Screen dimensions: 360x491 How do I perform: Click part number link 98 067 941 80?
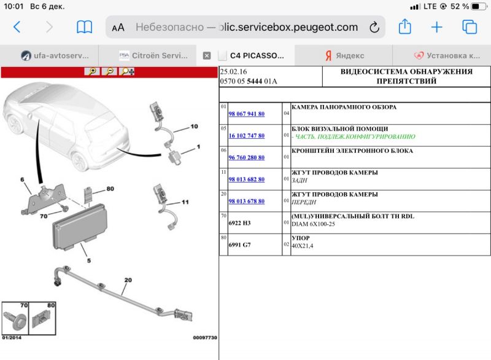(246, 114)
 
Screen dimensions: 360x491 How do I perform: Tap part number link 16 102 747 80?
(246, 136)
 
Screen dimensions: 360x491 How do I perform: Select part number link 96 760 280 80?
(246, 158)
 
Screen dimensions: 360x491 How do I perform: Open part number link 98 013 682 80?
(246, 180)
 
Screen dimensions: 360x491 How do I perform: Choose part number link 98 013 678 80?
(246, 202)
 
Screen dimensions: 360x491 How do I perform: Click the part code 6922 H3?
(239, 224)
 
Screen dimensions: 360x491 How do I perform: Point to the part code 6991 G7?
(239, 245)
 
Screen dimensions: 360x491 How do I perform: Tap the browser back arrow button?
(17, 27)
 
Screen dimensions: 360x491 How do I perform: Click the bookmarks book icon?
(84, 27)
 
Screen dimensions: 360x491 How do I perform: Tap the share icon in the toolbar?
(404, 27)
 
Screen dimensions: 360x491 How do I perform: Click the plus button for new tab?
(436, 27)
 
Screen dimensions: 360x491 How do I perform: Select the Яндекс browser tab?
(344, 55)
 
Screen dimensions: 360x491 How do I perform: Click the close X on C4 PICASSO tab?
(207, 55)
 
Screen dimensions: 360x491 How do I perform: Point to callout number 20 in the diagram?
(128, 280)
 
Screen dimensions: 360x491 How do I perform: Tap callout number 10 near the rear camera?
(194, 127)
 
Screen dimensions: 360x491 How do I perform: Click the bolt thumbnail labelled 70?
(16, 319)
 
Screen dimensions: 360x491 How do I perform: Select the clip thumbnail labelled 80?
(43, 319)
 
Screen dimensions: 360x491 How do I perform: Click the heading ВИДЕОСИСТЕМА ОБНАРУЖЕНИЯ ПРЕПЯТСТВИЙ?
(406, 76)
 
